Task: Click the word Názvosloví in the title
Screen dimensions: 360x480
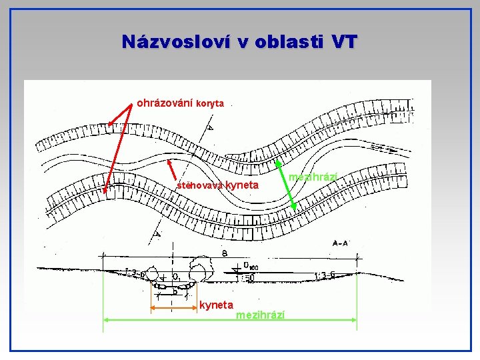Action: click(175, 42)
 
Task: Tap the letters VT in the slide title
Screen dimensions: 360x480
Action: click(343, 42)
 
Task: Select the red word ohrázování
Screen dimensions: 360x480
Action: click(165, 103)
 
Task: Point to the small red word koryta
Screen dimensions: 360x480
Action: click(211, 104)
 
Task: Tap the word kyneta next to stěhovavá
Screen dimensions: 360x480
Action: click(242, 185)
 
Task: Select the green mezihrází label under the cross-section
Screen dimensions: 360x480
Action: click(261, 314)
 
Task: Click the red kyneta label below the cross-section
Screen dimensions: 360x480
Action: click(217, 305)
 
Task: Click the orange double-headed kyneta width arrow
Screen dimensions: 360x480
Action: click(173, 307)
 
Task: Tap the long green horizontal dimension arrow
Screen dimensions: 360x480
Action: click(230, 320)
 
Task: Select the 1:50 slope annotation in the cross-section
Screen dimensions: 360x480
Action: click(248, 277)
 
